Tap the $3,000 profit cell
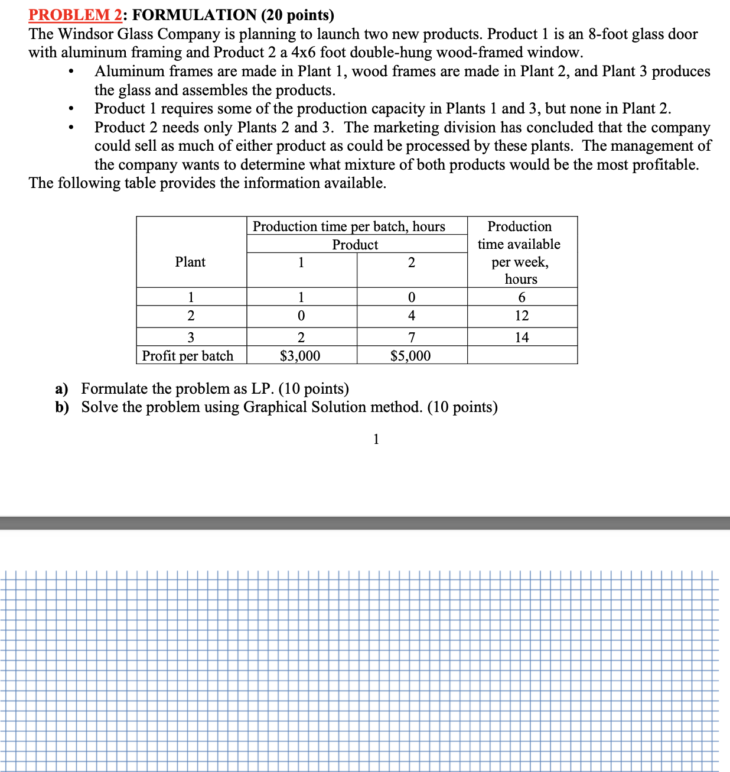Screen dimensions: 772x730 coord(300,356)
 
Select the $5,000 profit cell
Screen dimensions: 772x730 coord(410,356)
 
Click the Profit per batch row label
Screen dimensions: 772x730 coord(188,356)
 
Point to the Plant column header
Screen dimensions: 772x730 coord(190,262)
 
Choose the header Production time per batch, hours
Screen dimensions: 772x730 coord(349,226)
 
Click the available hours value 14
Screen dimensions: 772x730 coord(522,338)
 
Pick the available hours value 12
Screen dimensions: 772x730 coord(522,316)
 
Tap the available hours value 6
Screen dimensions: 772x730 coord(522,297)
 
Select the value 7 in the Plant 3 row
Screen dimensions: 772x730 coord(412,338)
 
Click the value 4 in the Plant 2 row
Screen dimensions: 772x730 coord(412,316)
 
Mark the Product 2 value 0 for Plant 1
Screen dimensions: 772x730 coord(412,297)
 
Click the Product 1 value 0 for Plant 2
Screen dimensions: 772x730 coord(301,316)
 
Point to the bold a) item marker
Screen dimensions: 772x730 coord(61,389)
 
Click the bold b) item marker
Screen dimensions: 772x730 coord(62,407)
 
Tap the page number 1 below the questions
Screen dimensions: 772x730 coord(376,439)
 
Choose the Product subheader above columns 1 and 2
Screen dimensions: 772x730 coord(355,245)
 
